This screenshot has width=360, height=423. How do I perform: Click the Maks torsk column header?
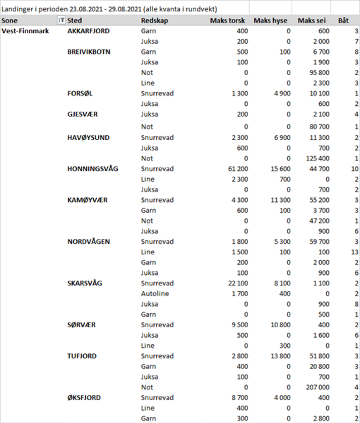coord(229,21)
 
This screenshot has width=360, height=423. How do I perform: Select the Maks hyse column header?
coord(270,21)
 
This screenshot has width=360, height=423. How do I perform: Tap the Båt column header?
coord(343,21)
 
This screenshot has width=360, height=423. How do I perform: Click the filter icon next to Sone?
coord(61,21)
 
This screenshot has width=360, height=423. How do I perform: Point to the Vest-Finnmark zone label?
coord(26,31)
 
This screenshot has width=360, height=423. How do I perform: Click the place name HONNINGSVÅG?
coord(93,169)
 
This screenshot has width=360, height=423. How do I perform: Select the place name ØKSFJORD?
coord(84,398)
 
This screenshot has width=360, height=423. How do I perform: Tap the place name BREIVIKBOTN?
coord(89,52)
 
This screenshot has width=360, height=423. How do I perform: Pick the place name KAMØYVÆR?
coord(87,200)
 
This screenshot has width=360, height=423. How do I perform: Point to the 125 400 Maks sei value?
coord(317,159)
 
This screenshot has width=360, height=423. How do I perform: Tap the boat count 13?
coord(355,252)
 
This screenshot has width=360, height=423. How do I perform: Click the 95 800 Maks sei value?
coord(319,73)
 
